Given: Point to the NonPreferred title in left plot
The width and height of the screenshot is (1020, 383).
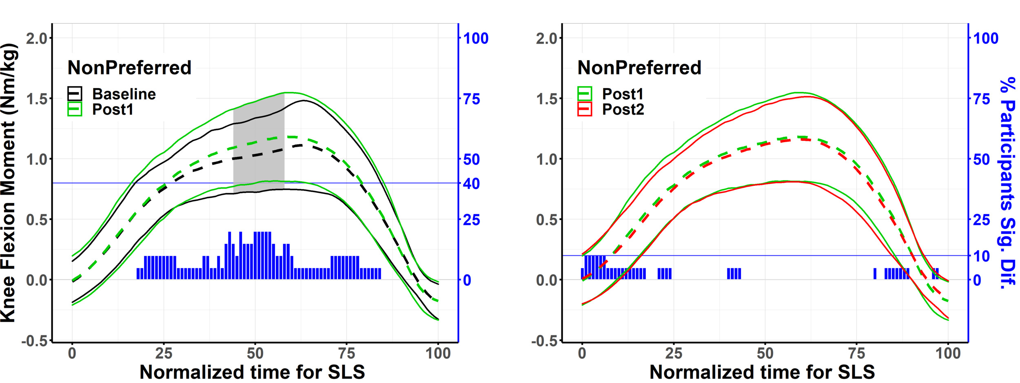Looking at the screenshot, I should [129, 68].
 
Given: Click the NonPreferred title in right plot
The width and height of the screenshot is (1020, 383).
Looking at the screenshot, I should [639, 68].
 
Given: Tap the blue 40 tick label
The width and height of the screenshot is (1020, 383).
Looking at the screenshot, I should [471, 184].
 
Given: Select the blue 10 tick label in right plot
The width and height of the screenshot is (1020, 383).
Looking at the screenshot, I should [981, 256].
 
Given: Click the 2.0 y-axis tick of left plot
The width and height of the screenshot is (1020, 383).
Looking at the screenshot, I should [37, 38].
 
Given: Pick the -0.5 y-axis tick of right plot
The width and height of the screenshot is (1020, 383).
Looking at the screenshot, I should [544, 341].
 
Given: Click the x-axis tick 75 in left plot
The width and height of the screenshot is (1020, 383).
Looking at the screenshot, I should [347, 353].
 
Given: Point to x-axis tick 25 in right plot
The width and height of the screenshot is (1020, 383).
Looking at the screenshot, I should [674, 353].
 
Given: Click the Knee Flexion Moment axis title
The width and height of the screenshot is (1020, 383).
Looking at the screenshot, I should [9, 183].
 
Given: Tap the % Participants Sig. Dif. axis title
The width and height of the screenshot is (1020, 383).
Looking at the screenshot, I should [1007, 183].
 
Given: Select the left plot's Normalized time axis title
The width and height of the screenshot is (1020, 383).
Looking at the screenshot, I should [252, 372].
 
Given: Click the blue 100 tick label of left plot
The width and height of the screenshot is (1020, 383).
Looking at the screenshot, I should [476, 38].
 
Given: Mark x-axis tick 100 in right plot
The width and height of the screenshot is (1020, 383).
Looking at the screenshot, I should [948, 353].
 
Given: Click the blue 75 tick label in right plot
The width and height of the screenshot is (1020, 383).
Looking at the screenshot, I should [981, 99].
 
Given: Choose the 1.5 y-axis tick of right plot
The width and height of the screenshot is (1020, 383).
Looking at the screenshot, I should [547, 99].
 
